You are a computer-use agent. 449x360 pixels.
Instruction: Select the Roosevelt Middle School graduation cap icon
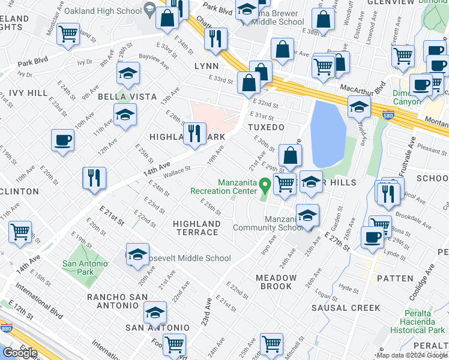pyautogui.click(x=137, y=254)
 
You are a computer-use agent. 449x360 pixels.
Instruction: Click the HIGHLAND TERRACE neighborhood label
pyautogui.click(x=196, y=227)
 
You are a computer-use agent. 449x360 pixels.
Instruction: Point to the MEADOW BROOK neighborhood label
pyautogui.click(x=276, y=282)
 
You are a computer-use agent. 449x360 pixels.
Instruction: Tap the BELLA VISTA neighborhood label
pyautogui.click(x=127, y=97)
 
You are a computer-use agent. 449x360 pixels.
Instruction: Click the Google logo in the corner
pyautogui.click(x=20, y=353)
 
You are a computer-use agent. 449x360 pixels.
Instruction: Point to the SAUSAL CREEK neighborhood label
pyautogui.click(x=345, y=308)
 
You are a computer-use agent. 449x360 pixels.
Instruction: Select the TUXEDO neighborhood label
pyautogui.click(x=265, y=127)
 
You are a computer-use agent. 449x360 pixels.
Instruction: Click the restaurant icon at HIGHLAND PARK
pyautogui.click(x=194, y=133)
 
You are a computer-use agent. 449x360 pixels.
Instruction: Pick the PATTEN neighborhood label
pyautogui.click(x=396, y=278)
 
